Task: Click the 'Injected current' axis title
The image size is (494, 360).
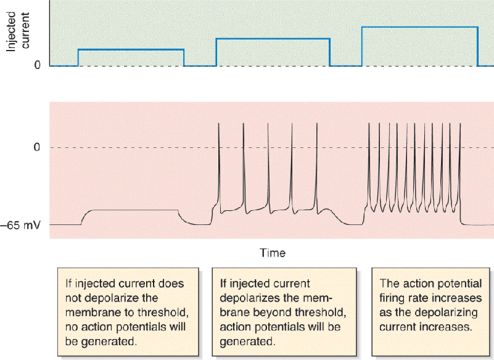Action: point(18,31)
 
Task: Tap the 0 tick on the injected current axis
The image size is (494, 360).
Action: point(38,65)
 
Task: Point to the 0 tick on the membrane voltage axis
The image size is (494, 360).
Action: point(37,147)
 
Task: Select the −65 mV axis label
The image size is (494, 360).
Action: point(20,225)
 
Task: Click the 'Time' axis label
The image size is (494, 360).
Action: point(273,253)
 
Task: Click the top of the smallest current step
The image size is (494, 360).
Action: point(131,49)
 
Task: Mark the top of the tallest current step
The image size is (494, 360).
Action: point(420,27)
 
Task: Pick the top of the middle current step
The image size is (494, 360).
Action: point(273,39)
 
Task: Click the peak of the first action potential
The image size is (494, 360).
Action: point(219,123)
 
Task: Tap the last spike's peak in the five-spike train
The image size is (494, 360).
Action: point(317,123)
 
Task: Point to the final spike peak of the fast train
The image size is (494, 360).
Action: point(460,123)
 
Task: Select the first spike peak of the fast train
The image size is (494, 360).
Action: point(369,123)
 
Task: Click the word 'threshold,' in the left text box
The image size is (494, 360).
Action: point(163,313)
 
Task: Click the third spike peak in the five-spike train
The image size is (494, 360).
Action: point(268,123)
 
